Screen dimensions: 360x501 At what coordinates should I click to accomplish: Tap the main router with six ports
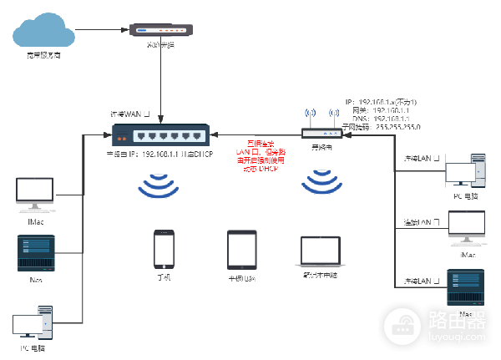(160, 134)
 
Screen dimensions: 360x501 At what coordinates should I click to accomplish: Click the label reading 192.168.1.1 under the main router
(159, 154)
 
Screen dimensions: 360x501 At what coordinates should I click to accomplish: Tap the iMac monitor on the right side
(466, 227)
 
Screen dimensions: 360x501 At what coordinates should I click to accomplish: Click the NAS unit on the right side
(465, 289)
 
